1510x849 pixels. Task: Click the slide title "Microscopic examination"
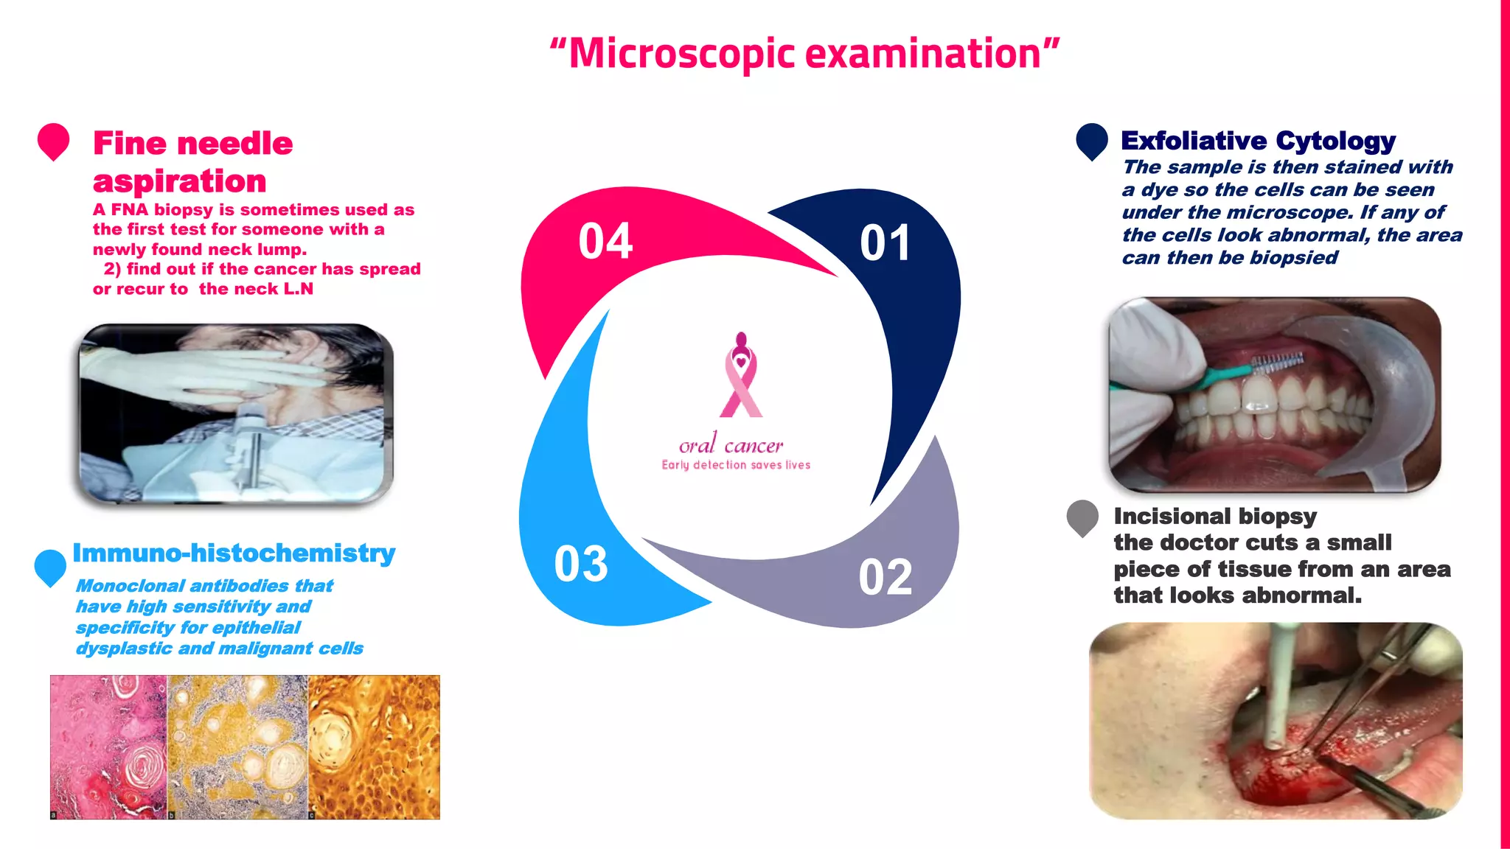pyautogui.click(x=804, y=54)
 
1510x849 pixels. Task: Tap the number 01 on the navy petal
pyautogui.click(x=885, y=243)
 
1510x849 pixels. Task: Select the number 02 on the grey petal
pyautogui.click(x=885, y=577)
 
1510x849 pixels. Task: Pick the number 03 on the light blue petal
pyautogui.click(x=581, y=565)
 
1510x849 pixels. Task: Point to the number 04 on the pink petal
pyautogui.click(x=605, y=241)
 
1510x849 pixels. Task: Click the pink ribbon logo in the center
pyautogui.click(x=740, y=376)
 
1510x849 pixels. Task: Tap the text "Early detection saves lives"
pyautogui.click(x=736, y=465)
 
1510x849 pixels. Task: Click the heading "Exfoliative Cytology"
pyautogui.click(x=1258, y=140)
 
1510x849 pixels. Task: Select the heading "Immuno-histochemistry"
pyautogui.click(x=234, y=553)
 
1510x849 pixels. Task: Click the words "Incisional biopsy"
pyautogui.click(x=1215, y=516)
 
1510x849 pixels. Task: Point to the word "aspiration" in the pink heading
pyautogui.click(x=179, y=181)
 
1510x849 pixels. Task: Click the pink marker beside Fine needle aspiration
pyautogui.click(x=53, y=140)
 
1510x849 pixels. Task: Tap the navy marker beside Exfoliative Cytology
pyautogui.click(x=1091, y=140)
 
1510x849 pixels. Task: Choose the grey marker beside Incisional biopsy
pyautogui.click(x=1082, y=517)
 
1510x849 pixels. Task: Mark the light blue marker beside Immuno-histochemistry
pyautogui.click(x=50, y=567)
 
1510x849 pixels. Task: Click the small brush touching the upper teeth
pyautogui.click(x=1279, y=362)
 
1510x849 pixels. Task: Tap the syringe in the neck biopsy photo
pyautogui.click(x=251, y=442)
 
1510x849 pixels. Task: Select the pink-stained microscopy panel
pyautogui.click(x=108, y=747)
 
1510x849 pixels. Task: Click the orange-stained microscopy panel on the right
pyautogui.click(x=374, y=747)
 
